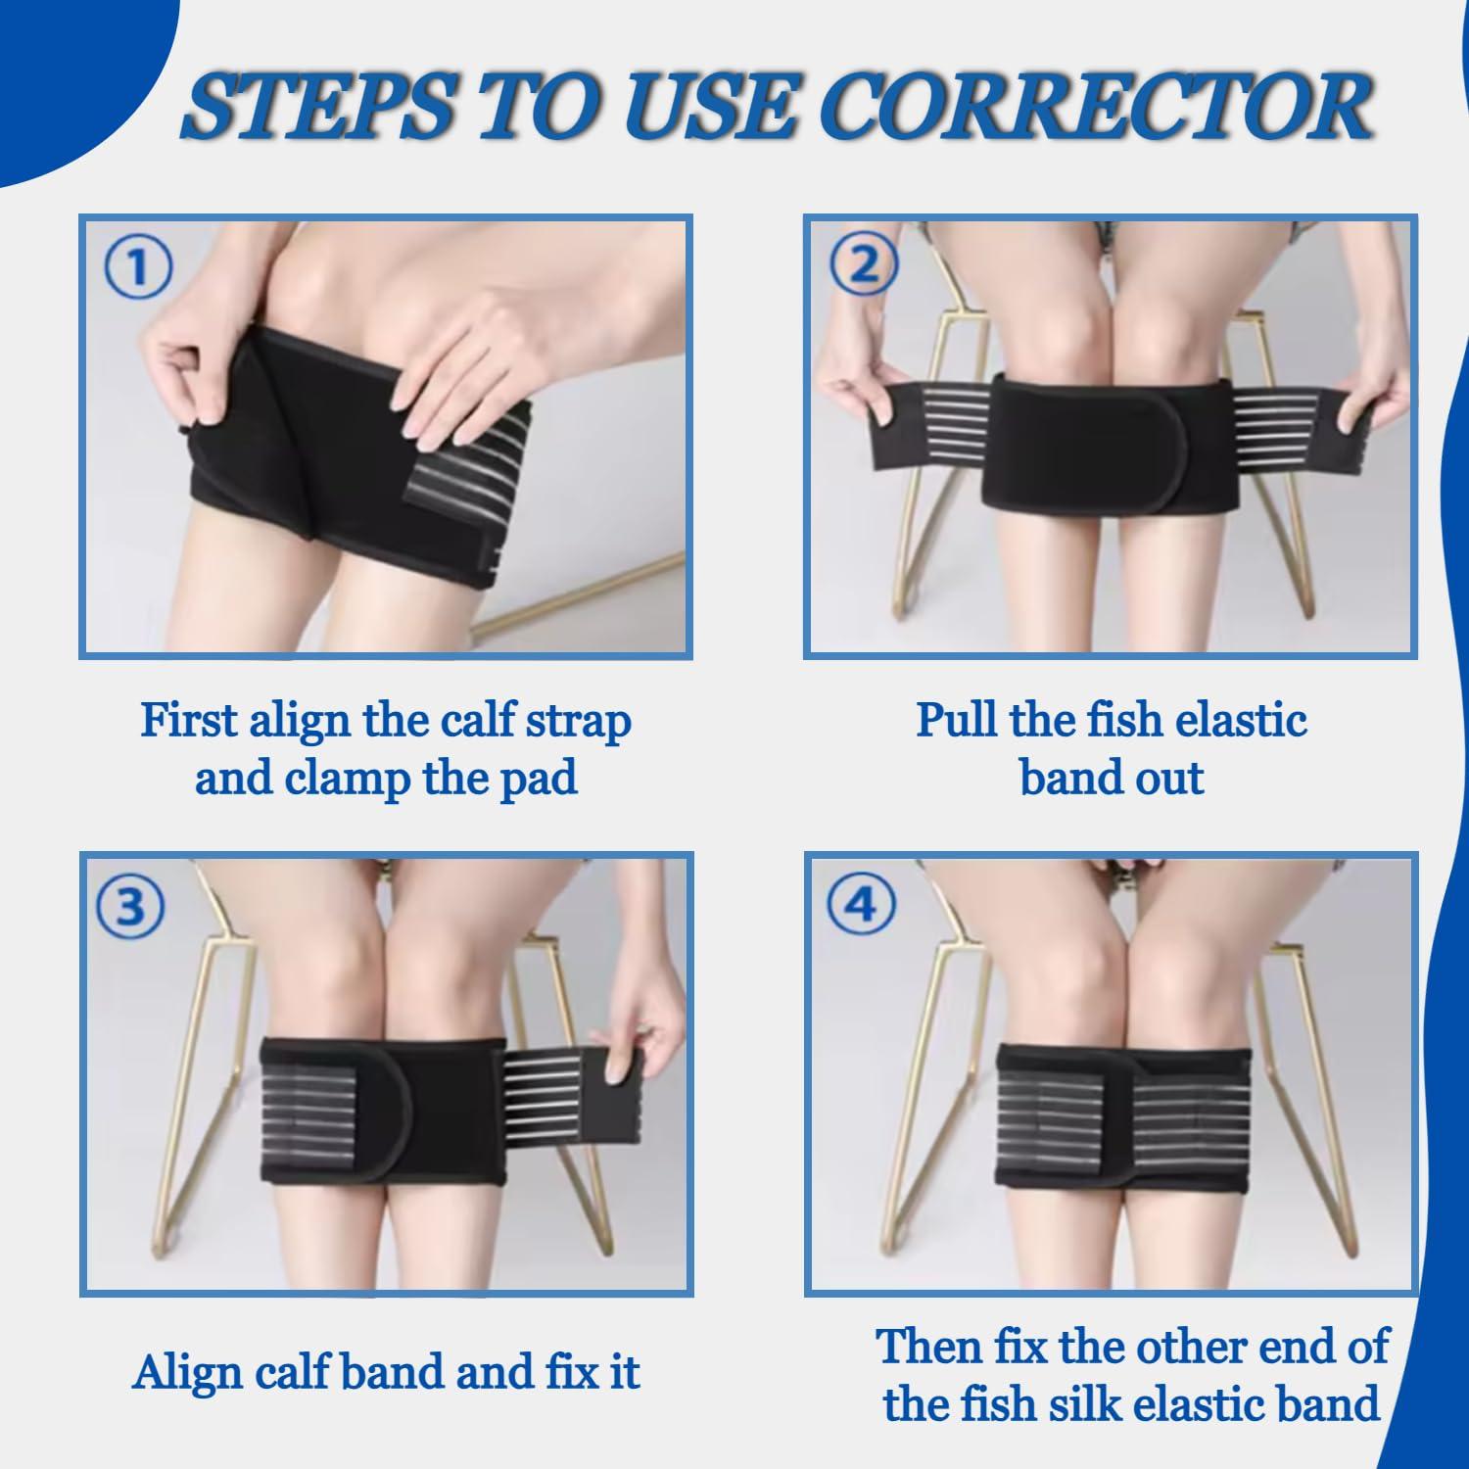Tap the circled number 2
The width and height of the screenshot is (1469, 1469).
tap(863, 266)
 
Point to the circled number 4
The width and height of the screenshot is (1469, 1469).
tap(861, 906)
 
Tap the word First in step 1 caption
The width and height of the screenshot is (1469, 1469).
tap(189, 721)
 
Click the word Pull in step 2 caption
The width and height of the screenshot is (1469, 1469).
tap(958, 721)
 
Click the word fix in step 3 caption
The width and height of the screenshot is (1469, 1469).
tap(561, 1371)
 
